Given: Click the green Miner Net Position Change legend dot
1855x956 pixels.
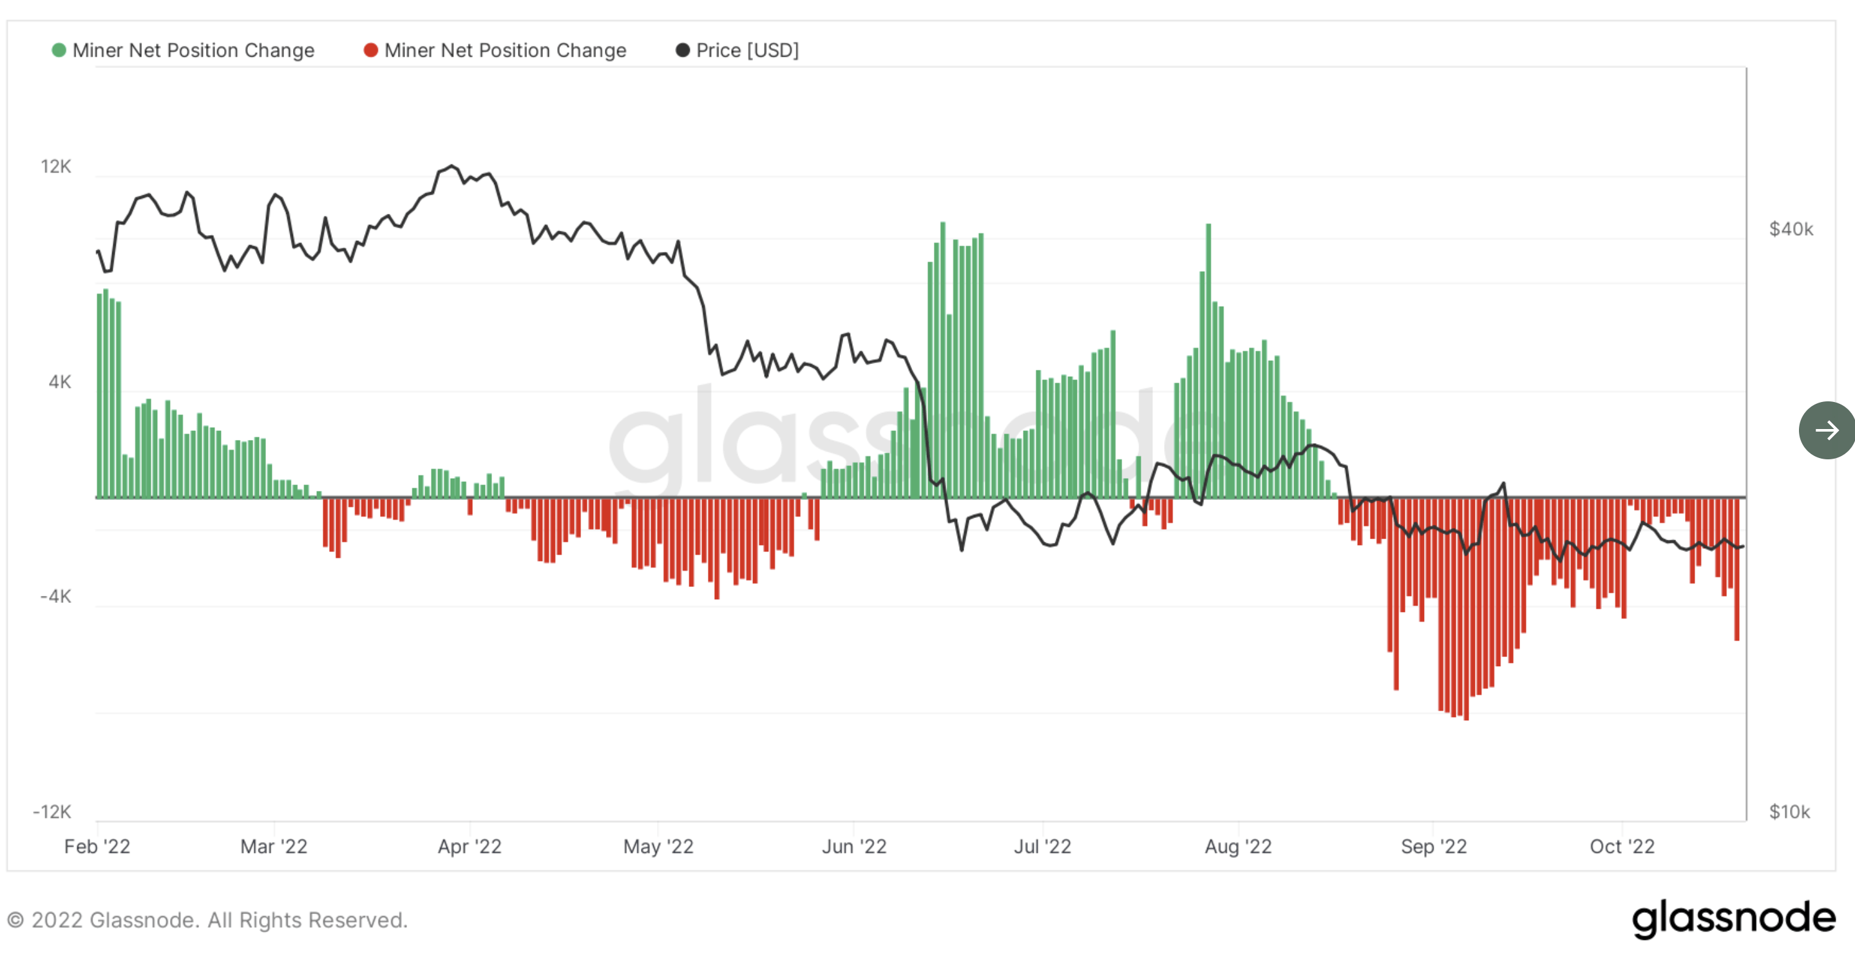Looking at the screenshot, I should (x=59, y=50).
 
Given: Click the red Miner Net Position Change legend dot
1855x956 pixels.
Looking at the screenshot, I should (x=371, y=50).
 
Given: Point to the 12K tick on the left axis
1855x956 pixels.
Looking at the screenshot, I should (x=56, y=166).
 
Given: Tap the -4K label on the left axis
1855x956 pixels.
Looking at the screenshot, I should (x=55, y=597).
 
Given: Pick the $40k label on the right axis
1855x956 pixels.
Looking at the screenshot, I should (x=1791, y=229).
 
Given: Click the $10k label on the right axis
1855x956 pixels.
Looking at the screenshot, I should (x=1789, y=812).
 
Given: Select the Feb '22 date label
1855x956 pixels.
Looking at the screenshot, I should (x=97, y=846).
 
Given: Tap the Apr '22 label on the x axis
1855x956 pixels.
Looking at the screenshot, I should (x=470, y=846).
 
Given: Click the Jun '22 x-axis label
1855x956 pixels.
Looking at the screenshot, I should (x=854, y=846).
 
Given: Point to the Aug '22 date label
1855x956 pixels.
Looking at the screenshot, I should (x=1238, y=846).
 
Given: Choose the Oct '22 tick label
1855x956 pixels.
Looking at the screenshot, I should (x=1622, y=846).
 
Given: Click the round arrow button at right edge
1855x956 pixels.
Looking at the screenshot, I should (x=1826, y=430).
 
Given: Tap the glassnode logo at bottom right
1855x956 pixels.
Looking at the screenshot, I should (x=1733, y=919).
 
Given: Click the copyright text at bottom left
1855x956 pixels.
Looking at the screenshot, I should (x=207, y=920).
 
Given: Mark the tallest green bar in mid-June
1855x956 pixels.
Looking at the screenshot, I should (x=942, y=360).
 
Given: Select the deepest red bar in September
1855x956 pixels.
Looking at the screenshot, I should (x=1466, y=609).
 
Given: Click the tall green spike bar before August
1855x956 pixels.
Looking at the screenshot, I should (x=1208, y=360).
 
